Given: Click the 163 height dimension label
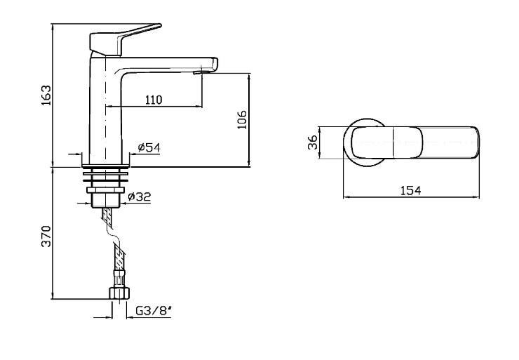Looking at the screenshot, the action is (x=46, y=95).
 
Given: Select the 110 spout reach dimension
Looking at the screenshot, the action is (x=154, y=100).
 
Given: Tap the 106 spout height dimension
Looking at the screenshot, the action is (x=242, y=119).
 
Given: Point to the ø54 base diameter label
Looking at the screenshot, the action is (x=149, y=147).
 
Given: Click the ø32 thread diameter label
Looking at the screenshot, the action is (x=140, y=196).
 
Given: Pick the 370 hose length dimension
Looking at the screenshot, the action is (x=46, y=236).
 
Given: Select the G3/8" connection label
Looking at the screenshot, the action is (x=154, y=311).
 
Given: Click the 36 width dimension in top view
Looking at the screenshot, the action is (x=313, y=142).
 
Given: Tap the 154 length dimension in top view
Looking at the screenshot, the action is (x=411, y=190).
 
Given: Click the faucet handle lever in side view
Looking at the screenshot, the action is (x=123, y=38).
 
